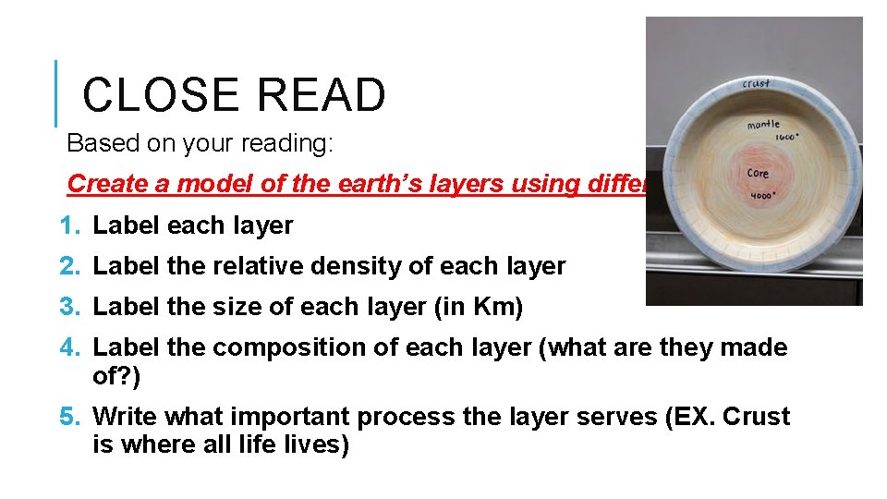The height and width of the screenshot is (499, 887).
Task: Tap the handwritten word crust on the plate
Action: coord(756,83)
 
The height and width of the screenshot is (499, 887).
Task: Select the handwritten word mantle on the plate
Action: coord(763,124)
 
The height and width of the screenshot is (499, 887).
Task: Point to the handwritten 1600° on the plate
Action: coord(786,135)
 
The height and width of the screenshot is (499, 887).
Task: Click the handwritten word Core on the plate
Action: coord(759,173)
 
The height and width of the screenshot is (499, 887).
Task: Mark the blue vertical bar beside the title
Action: coord(56,93)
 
